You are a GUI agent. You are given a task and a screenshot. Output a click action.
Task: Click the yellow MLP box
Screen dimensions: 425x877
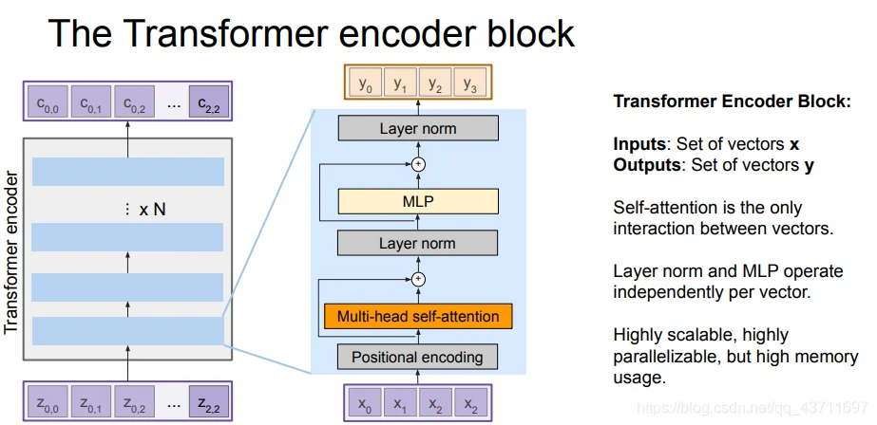(x=417, y=201)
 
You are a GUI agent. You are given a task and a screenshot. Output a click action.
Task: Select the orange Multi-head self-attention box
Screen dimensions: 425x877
(x=417, y=315)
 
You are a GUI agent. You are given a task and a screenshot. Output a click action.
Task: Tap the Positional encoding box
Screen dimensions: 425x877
(x=417, y=358)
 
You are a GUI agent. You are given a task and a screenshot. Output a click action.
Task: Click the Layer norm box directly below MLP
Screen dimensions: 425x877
(x=417, y=243)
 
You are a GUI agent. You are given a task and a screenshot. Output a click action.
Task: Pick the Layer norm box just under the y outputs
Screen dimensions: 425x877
(x=417, y=128)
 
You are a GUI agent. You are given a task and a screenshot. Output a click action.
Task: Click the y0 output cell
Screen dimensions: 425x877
(x=366, y=83)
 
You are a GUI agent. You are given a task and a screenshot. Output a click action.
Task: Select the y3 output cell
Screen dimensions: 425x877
(x=468, y=83)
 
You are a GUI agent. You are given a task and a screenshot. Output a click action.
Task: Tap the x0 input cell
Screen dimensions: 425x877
(x=366, y=403)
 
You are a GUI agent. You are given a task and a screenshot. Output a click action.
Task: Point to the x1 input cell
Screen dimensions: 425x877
(x=400, y=403)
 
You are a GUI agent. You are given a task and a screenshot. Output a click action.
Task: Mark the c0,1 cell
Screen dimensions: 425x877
(x=91, y=102)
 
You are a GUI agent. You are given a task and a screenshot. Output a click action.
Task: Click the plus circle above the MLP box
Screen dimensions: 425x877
(x=417, y=164)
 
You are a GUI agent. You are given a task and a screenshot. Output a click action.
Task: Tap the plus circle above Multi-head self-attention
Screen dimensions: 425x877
(x=417, y=279)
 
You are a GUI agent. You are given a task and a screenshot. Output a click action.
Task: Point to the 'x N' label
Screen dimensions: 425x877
(x=151, y=209)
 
